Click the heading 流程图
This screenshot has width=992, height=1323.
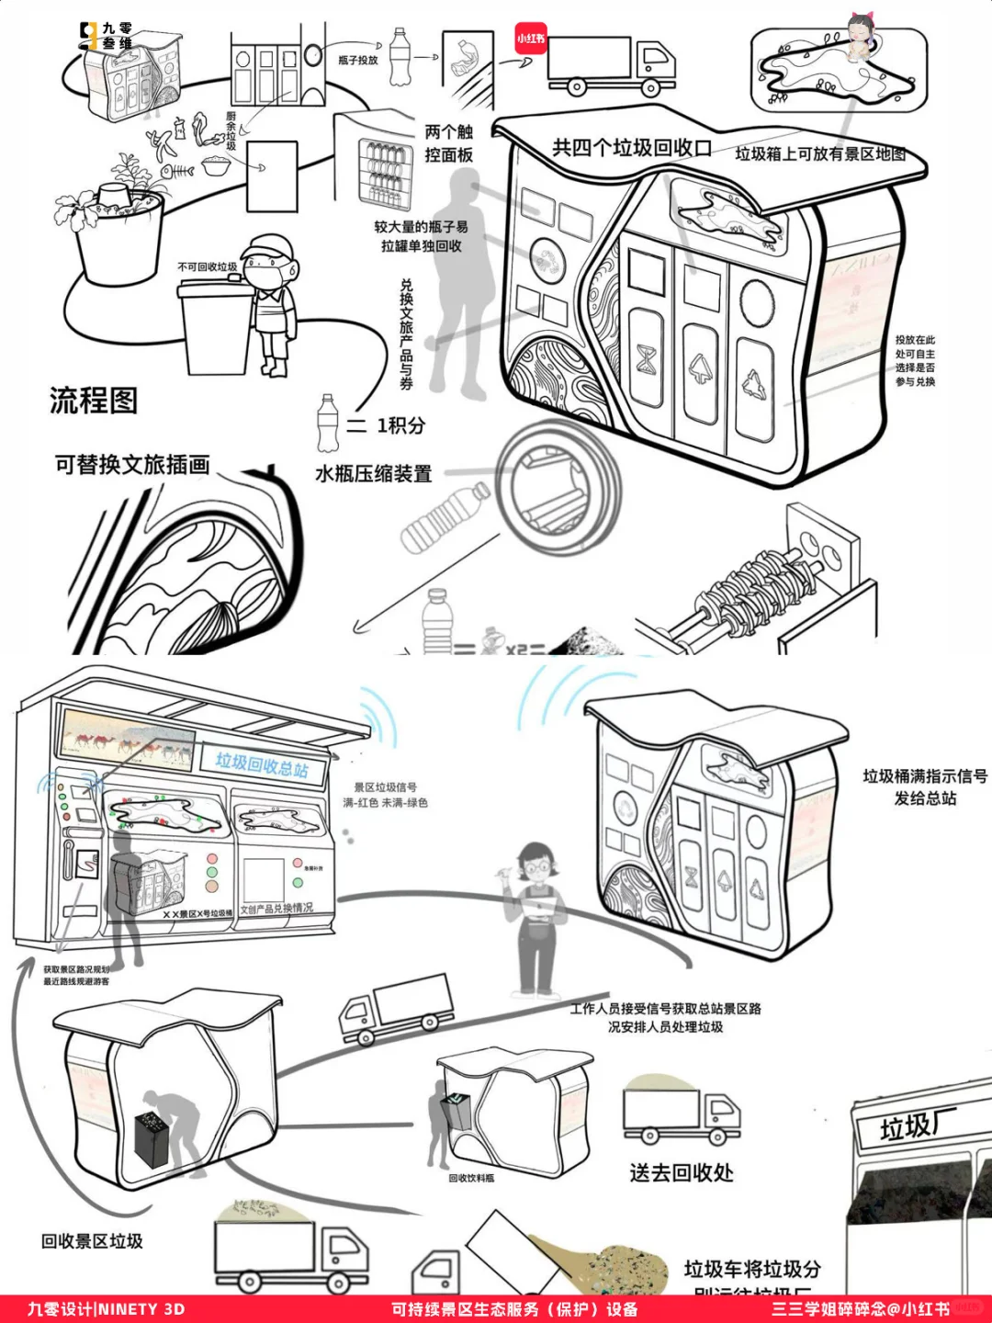pos(94,401)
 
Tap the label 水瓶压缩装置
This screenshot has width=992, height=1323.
pos(373,474)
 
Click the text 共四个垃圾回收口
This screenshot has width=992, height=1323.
pos(631,148)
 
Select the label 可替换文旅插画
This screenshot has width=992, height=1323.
pos(132,465)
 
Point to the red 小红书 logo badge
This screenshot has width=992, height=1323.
pos(531,39)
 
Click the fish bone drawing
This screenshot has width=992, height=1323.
pos(177,171)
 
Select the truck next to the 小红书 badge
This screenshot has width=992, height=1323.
pos(610,66)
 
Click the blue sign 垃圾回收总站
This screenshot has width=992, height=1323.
pos(262,764)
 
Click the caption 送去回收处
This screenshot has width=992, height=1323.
pos(682,1173)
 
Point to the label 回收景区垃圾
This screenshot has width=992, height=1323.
pos(92,1241)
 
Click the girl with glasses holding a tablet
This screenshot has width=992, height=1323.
pos(538,919)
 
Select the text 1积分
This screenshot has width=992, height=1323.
pos(400,425)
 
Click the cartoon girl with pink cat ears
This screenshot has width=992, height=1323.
pos(861,37)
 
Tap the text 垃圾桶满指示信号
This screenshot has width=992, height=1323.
pos(924,776)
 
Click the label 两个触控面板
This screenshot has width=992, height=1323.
pos(448,143)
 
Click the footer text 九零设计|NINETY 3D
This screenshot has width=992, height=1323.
pos(106,1309)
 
